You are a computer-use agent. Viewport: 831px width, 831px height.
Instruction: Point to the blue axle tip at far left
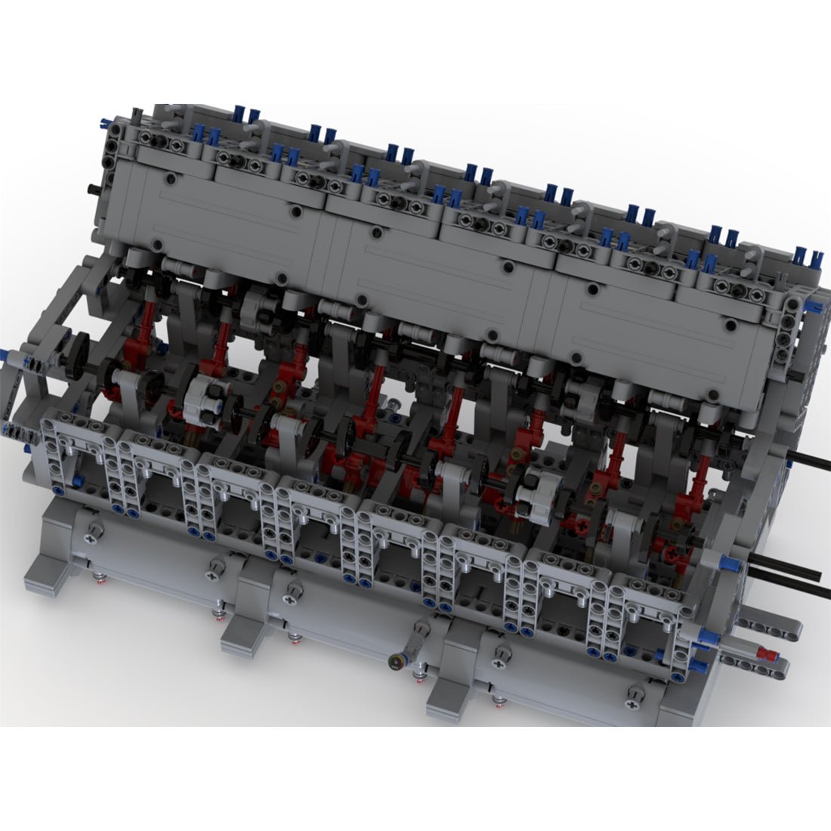click(x=9, y=355)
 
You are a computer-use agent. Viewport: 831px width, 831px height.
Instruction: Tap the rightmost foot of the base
click(x=449, y=699)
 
